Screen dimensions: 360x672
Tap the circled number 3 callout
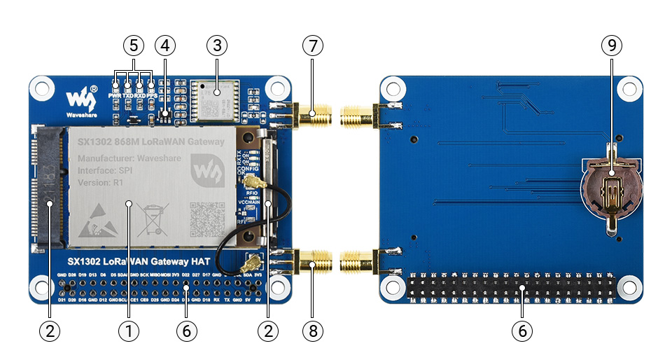(217, 46)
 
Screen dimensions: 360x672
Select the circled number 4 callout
(164, 46)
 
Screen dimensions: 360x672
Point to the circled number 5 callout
(133, 46)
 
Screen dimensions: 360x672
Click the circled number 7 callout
(313, 46)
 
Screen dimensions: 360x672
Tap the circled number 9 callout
(610, 46)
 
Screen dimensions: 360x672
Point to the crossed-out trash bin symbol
(154, 219)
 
